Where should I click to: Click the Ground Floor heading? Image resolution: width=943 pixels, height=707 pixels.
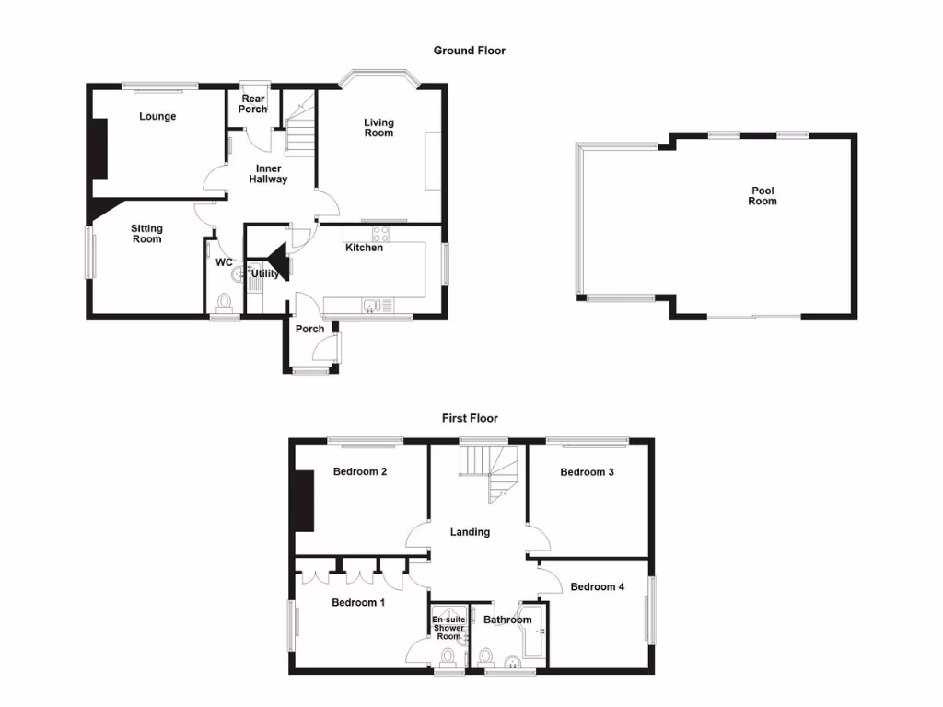point(470,51)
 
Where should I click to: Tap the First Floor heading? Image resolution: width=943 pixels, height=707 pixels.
point(470,418)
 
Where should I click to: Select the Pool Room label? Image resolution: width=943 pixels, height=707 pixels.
point(763,196)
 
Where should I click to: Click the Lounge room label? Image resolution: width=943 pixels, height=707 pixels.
point(157,117)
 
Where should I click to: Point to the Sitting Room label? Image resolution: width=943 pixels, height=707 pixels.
point(146,234)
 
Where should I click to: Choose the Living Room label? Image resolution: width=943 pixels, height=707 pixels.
point(378,128)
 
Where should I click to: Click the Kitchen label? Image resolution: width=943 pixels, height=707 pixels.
point(364,248)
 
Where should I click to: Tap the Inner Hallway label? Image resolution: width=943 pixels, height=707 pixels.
point(268,174)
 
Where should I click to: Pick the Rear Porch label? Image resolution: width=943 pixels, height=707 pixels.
point(253,104)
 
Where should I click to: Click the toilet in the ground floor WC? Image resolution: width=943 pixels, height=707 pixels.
point(223,302)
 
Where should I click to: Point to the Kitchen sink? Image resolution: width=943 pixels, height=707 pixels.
point(370,306)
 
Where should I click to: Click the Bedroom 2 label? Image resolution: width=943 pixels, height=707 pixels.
point(359,472)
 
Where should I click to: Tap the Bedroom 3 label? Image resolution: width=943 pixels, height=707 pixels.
point(587,472)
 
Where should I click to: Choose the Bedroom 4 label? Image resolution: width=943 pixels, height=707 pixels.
point(597,586)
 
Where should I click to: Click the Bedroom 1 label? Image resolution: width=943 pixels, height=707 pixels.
point(358,603)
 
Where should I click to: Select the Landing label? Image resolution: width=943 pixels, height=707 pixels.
point(470,532)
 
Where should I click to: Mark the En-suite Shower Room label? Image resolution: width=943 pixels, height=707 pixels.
point(448,628)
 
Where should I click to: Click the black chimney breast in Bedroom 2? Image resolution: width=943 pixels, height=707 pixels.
point(303,500)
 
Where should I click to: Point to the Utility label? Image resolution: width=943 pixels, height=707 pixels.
point(265,273)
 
